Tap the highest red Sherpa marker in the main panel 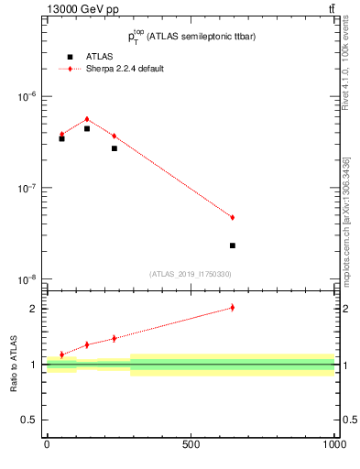(87, 119)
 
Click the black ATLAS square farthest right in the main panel (233, 245)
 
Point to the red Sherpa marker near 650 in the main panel (233, 217)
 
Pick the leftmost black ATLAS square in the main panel (61, 138)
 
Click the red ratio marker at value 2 (233, 307)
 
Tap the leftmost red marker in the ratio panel (61, 354)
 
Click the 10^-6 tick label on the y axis (28, 96)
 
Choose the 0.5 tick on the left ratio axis (32, 420)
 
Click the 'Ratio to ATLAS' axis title (14, 365)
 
